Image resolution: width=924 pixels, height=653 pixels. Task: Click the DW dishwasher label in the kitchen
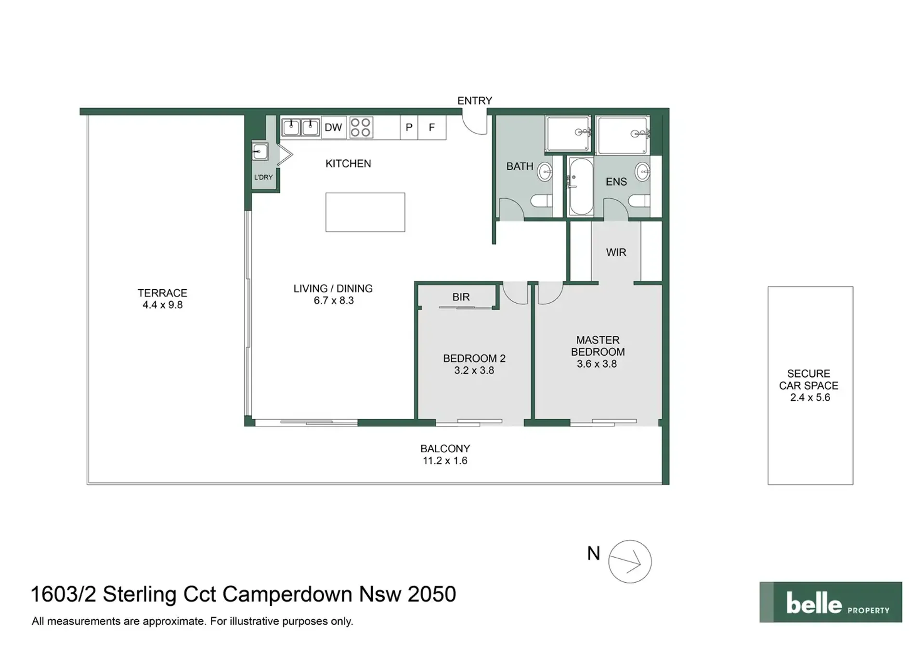click(x=333, y=128)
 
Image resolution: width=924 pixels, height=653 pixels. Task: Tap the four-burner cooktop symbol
click(x=361, y=128)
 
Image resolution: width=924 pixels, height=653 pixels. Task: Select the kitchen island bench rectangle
click(x=365, y=212)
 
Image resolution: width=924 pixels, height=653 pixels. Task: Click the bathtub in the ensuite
click(x=581, y=186)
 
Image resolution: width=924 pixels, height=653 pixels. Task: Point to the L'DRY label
click(x=263, y=177)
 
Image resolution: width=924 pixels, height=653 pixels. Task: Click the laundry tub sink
click(x=260, y=152)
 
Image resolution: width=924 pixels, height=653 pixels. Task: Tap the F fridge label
click(x=432, y=128)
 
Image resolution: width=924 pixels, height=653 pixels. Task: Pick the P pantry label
click(x=409, y=128)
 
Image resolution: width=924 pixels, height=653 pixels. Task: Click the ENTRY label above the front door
click(x=475, y=101)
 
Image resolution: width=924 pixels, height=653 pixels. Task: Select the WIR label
click(x=616, y=253)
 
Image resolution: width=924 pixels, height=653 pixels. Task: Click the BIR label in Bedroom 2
click(x=461, y=297)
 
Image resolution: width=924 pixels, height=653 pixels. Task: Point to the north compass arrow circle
click(x=630, y=562)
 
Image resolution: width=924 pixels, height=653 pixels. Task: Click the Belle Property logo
click(x=831, y=602)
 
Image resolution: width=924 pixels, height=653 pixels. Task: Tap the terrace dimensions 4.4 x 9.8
click(x=163, y=305)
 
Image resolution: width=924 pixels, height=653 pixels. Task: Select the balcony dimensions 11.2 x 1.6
click(x=445, y=461)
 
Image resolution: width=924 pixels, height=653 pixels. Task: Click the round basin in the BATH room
click(x=545, y=172)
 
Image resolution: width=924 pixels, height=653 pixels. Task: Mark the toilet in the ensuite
click(x=639, y=201)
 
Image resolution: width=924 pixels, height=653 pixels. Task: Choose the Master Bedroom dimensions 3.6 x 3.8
click(x=597, y=364)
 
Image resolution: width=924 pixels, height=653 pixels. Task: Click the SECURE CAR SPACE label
click(x=809, y=380)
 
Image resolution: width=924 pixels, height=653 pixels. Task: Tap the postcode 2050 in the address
click(x=432, y=594)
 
